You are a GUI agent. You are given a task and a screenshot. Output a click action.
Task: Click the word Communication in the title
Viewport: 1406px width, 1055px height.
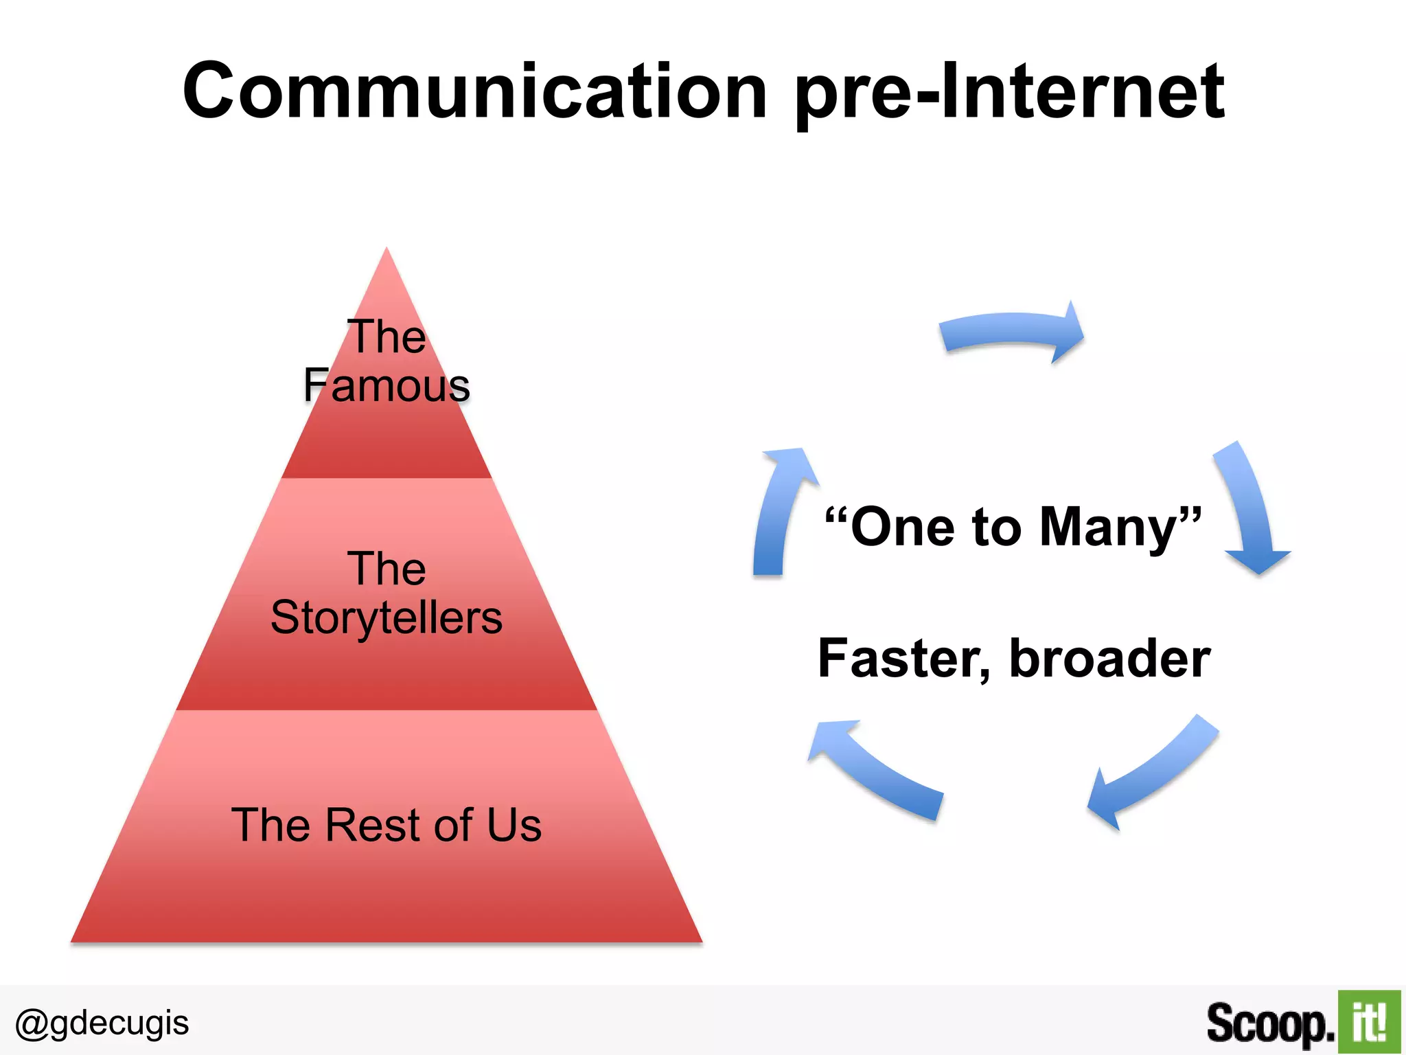[x=474, y=91]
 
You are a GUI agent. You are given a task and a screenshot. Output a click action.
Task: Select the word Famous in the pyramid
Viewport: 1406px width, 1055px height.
[x=387, y=385]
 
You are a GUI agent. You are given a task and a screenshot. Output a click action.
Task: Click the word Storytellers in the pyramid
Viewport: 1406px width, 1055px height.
[x=387, y=617]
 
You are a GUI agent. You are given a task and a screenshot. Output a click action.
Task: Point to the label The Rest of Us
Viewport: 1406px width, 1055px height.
[x=387, y=824]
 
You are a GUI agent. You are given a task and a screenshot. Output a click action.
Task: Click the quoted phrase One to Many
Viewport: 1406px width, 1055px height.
[x=1013, y=527]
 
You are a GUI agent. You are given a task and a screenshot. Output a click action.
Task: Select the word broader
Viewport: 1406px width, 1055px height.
[x=1109, y=659]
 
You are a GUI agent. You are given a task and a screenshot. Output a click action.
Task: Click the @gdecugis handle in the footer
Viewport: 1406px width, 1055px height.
[x=102, y=1023]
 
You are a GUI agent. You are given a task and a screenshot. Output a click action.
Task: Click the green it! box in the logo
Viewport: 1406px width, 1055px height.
[x=1369, y=1022]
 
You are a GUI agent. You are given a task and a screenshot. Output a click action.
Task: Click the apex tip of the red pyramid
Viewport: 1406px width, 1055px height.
[x=387, y=250]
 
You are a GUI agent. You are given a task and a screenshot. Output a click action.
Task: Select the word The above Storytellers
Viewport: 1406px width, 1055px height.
[x=387, y=569]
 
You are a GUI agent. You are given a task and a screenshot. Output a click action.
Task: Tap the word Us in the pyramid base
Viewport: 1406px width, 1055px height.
[x=514, y=824]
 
